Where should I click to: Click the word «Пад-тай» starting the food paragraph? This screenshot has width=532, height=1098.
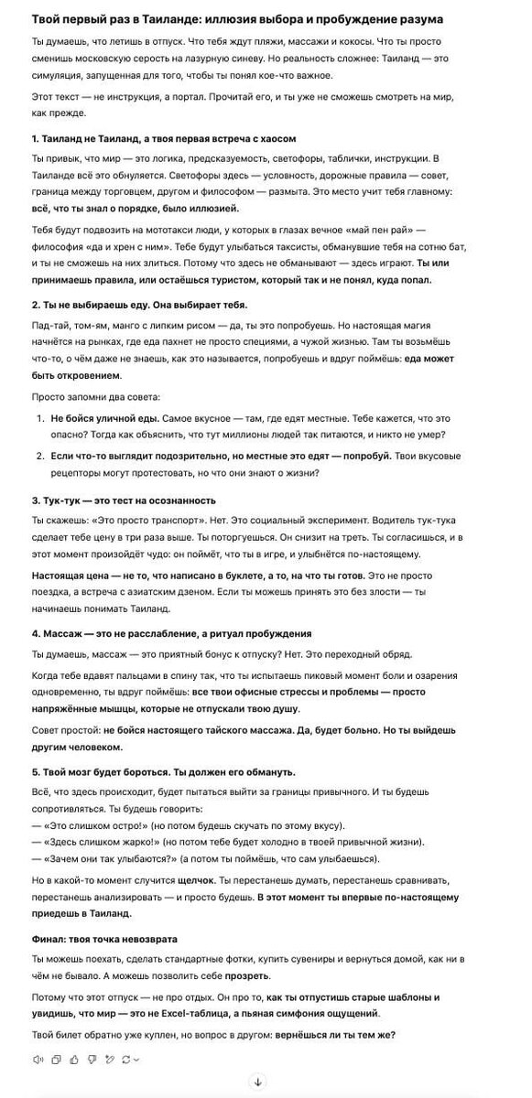[49, 326]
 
